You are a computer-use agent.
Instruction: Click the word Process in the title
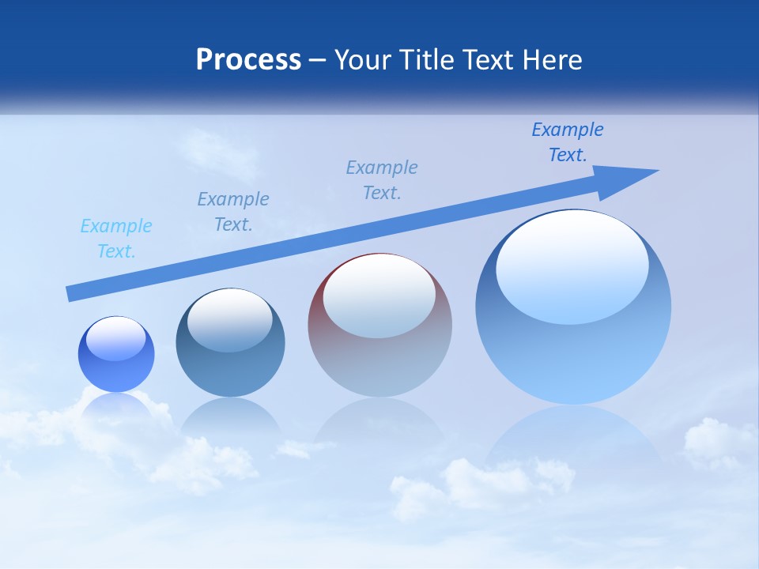(248, 60)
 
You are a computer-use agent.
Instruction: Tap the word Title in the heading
(424, 60)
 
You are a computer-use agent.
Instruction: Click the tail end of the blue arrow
(73, 293)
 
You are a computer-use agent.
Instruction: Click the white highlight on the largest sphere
(572, 265)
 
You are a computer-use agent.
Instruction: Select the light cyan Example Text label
(116, 239)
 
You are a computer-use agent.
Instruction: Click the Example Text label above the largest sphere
(568, 142)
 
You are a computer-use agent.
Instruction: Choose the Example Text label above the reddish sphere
(382, 180)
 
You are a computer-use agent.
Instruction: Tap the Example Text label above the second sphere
(233, 212)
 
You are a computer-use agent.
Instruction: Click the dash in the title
(318, 60)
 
